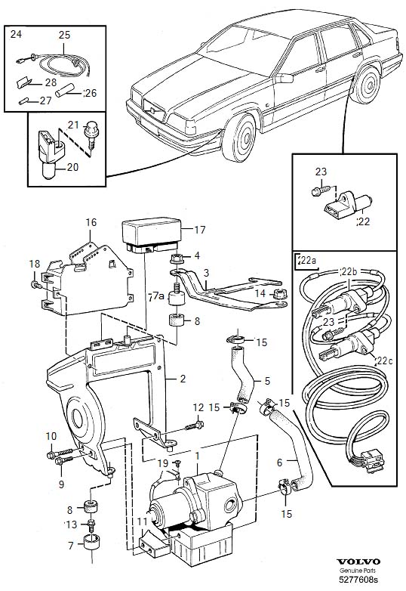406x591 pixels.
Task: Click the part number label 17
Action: [199, 231]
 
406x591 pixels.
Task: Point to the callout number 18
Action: [33, 264]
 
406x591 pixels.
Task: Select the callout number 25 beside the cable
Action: [64, 35]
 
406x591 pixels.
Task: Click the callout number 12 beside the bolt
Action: [198, 407]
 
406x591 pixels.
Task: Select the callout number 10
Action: [51, 435]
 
